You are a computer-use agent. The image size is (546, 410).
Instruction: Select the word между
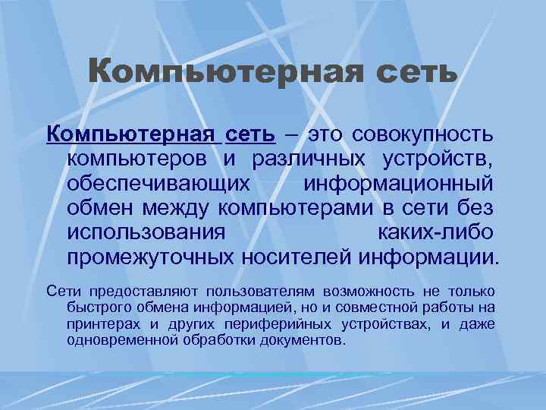pyautogui.click(x=180, y=208)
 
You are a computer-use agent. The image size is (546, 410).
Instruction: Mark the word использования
pyautogui.click(x=146, y=232)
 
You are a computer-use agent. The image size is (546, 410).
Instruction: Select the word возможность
pyautogui.click(x=368, y=292)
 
